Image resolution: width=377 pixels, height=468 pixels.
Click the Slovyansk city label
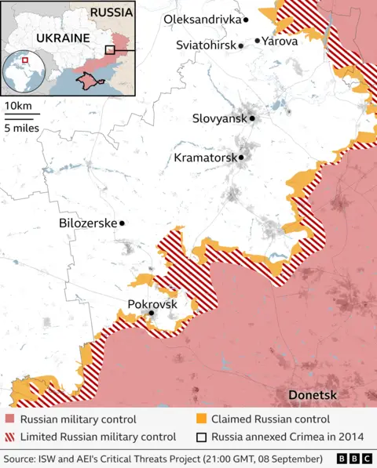coord(219,119)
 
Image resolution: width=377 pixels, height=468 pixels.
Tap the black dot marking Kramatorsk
coord(241,158)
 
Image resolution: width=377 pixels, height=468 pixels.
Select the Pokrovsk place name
coord(152,304)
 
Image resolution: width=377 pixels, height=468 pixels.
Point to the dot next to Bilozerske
coord(122,223)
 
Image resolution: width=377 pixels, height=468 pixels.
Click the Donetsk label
coord(313,394)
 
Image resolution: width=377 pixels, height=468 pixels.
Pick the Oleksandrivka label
coord(202,19)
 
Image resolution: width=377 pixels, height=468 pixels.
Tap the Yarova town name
coord(280,41)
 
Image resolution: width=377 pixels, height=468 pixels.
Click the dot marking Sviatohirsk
coord(241,46)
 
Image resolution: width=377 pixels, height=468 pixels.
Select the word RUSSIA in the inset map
coord(112,13)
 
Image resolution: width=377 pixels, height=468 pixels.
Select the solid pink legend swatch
coord(9,419)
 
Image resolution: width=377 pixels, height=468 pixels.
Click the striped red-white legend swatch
coord(9,437)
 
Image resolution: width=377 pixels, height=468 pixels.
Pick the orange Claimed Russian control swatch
coord(201,419)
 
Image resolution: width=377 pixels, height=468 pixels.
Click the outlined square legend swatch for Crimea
coord(201,437)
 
